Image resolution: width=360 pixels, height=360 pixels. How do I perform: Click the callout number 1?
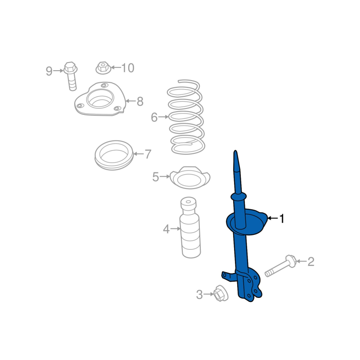(282, 218)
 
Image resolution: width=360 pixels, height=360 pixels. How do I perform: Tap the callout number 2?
(310, 262)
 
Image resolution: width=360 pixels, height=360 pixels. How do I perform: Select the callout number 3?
(199, 295)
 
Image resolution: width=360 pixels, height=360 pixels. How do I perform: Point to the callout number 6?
(154, 117)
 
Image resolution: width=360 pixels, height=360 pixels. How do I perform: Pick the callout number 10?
(128, 68)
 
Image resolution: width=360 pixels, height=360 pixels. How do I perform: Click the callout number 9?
(49, 71)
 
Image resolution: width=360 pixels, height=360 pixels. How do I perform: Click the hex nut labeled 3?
(220, 293)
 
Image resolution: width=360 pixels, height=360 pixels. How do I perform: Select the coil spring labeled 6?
(186, 117)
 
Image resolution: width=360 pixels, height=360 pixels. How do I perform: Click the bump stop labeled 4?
(190, 227)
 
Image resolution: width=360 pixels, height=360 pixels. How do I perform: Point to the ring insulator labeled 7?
(114, 155)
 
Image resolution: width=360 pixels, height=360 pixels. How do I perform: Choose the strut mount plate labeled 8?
(100, 99)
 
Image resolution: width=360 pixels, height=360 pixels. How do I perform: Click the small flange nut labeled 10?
(103, 68)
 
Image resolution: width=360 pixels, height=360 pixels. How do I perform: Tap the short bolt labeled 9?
(71, 76)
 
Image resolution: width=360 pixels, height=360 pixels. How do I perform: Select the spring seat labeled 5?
(190, 178)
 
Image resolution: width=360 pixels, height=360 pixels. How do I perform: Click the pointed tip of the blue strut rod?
(235, 151)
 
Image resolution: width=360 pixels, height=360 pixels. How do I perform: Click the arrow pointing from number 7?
(139, 153)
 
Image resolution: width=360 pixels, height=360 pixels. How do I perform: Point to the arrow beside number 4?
(175, 229)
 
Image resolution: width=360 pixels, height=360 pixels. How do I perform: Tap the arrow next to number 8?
(130, 101)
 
